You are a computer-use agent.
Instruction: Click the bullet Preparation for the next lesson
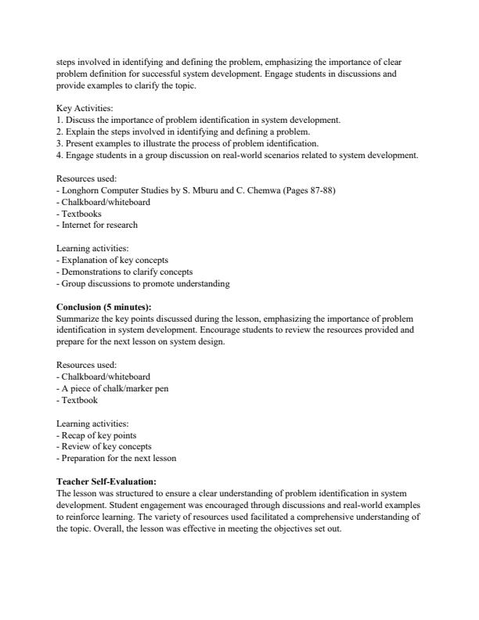click(118, 458)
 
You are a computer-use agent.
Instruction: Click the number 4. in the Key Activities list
click(60, 155)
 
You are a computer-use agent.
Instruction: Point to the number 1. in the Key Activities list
click(60, 120)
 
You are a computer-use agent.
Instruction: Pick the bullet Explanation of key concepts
click(114, 260)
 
